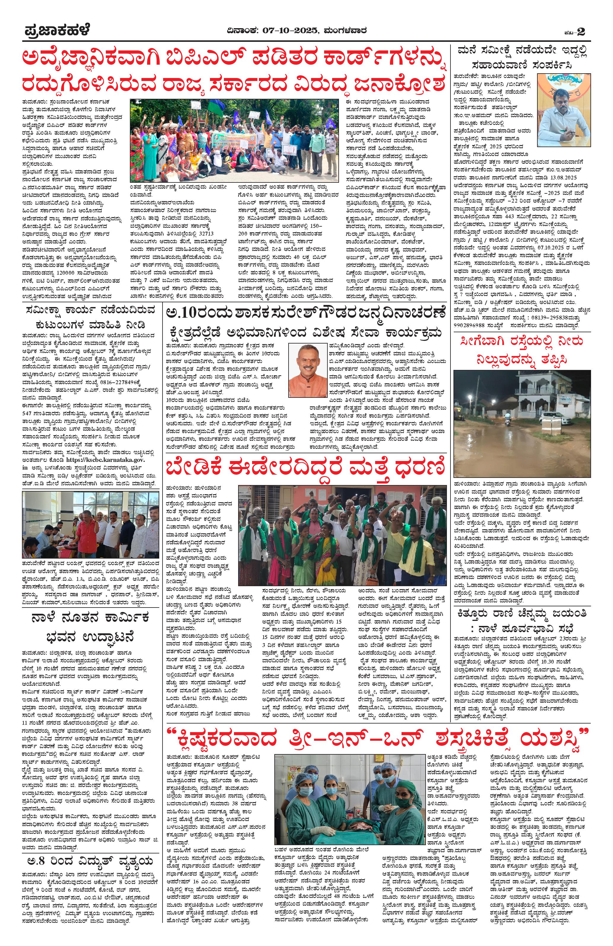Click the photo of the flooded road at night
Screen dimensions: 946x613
522,424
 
